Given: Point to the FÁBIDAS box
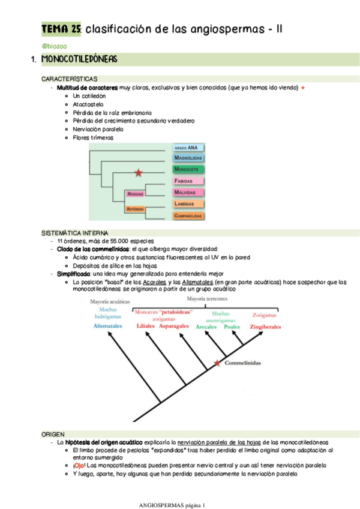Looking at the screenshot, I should (187, 181).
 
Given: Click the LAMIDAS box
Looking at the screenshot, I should (188, 204).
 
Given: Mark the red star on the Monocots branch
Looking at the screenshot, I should (139, 173).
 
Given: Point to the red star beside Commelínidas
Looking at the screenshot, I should (217, 363).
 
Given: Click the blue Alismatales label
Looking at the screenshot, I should (108, 326).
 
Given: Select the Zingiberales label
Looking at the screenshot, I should (264, 327).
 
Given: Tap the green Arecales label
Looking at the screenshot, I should (206, 327).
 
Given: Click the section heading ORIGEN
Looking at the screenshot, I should (53, 433).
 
